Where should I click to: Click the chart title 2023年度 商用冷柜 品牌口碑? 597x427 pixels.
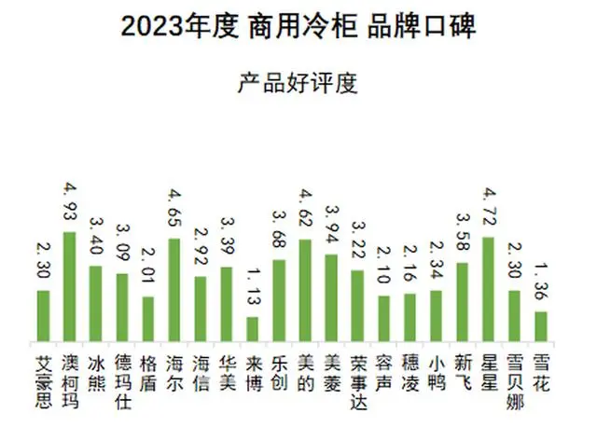tap(298, 27)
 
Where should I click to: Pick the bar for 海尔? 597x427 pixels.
tap(174, 290)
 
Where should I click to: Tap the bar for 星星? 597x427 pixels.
tap(487, 289)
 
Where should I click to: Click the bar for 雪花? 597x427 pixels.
tap(540, 325)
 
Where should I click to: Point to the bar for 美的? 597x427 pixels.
tap(304, 290)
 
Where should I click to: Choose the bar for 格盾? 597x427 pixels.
tap(147, 318)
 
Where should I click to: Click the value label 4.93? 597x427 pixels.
tap(69, 200)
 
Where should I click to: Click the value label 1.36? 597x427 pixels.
tap(540, 279)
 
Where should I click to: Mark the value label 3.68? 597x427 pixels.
tap(278, 227)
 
